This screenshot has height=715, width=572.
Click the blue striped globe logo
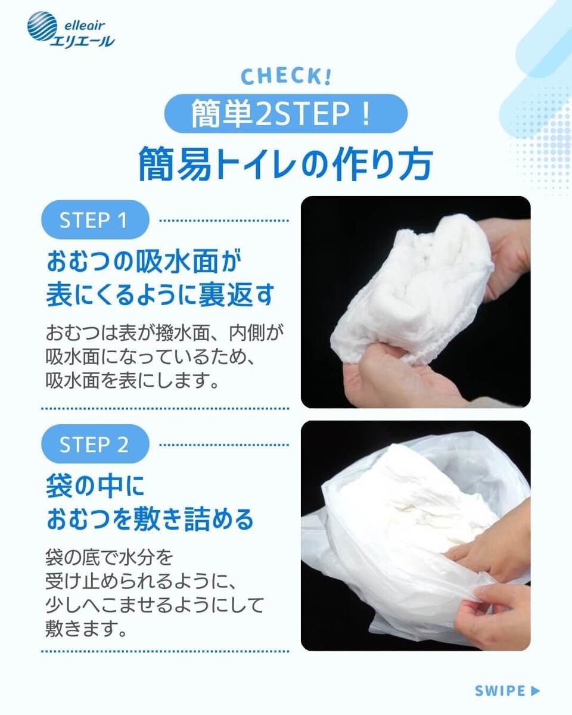coord(42,27)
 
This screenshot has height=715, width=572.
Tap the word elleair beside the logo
coord(85,25)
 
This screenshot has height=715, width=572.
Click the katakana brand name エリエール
coord(83,42)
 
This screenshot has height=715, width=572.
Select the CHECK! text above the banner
coord(286,76)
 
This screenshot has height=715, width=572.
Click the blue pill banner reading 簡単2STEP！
coord(286,114)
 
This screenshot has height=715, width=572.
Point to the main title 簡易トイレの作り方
coord(286,164)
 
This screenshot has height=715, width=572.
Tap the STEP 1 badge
coord(95,220)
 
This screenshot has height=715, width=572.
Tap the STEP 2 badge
coord(95,444)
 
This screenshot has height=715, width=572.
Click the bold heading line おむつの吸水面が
coord(144,261)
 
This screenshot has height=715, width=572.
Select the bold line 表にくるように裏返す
coord(160,294)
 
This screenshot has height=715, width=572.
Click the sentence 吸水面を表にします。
coord(132,380)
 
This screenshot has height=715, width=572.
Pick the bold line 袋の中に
coord(95,486)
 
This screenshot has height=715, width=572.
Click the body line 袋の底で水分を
coord(109,557)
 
